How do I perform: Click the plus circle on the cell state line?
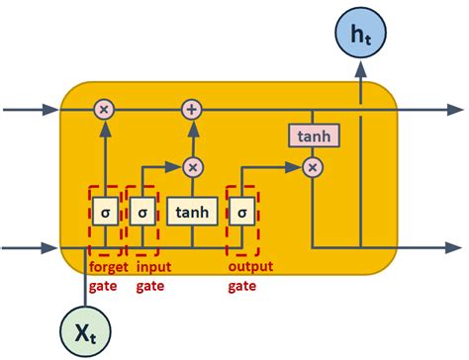point(191,109)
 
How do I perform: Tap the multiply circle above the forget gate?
point(104,109)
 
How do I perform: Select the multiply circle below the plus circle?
point(191,167)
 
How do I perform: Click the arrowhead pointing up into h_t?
point(361,69)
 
